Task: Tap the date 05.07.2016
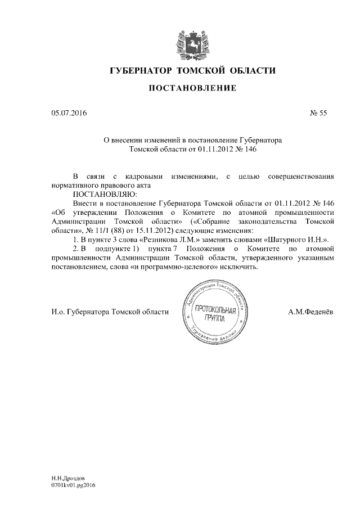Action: (x=69, y=112)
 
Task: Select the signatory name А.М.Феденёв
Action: (x=311, y=312)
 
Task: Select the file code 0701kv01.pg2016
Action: (x=73, y=484)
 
